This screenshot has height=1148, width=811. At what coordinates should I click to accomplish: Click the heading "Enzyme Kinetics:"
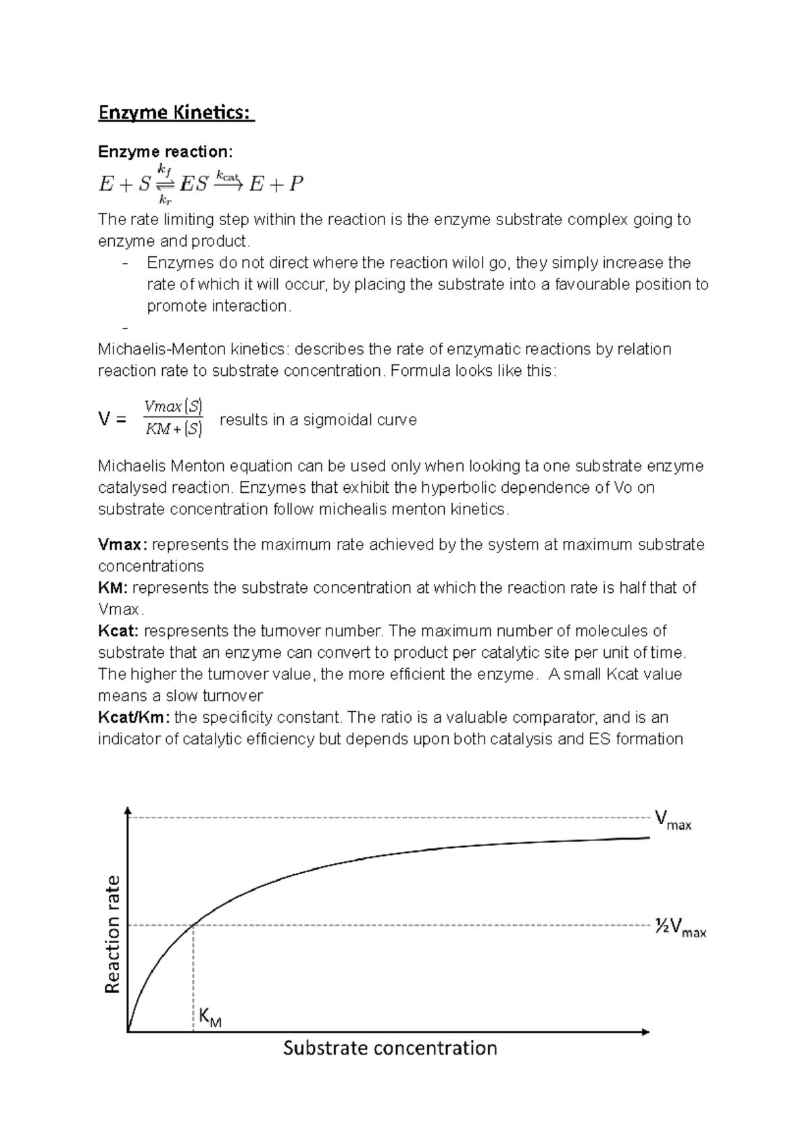tap(176, 113)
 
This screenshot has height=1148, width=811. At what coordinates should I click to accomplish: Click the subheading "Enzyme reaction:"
tap(165, 151)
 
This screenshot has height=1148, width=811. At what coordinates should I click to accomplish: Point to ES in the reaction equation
tap(194, 184)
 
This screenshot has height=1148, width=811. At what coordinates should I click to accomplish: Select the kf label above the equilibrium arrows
tap(164, 168)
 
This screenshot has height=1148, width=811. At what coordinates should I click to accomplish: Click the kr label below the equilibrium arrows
tap(164, 199)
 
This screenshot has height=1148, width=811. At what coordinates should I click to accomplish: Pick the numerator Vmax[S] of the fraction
tap(174, 406)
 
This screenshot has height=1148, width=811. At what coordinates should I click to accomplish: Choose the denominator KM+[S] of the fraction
tap(174, 429)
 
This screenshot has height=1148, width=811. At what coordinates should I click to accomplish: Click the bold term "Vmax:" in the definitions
tap(122, 545)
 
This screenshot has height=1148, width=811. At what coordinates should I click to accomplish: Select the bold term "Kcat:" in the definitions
tap(119, 631)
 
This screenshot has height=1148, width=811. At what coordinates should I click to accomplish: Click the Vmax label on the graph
tap(672, 821)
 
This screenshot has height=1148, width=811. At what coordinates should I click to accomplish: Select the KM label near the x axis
tap(210, 1018)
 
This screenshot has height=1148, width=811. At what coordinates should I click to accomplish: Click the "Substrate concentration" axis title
tap(390, 1049)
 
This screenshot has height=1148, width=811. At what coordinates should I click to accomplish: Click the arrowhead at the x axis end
tap(645, 1032)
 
